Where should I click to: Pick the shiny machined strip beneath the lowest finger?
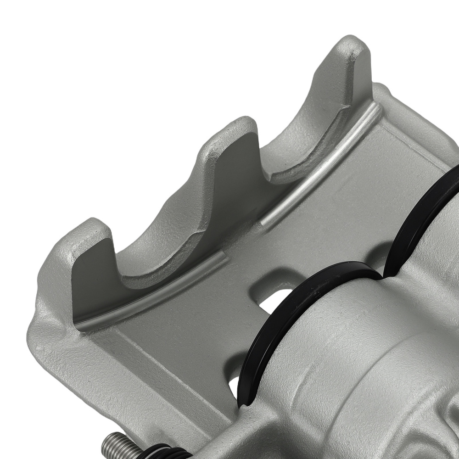[151, 294]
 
